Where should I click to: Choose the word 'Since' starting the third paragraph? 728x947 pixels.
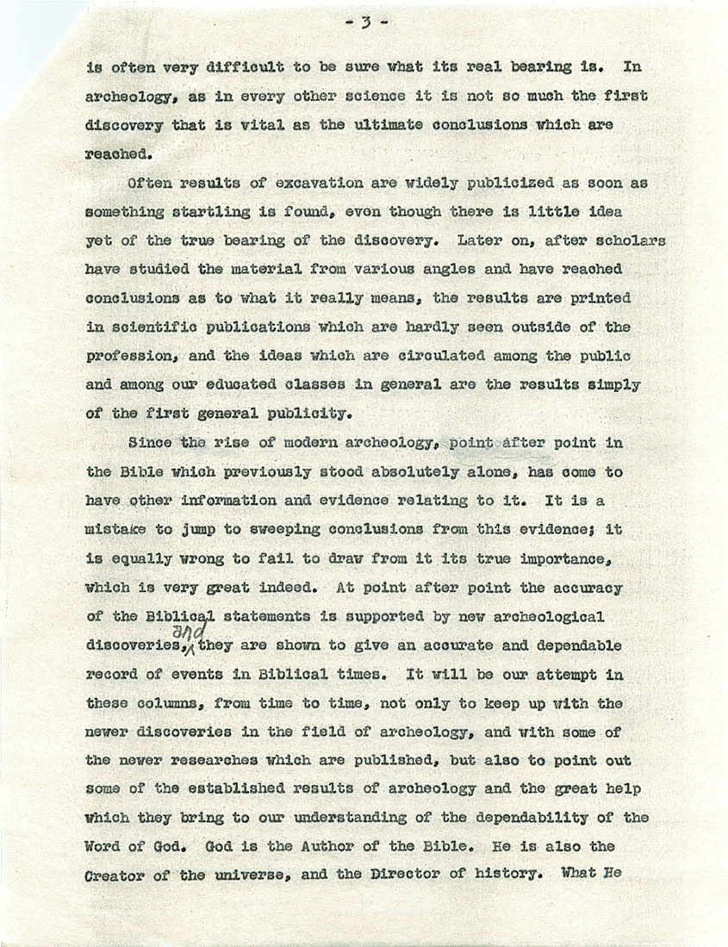point(148,443)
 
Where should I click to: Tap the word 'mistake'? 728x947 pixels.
point(120,530)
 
